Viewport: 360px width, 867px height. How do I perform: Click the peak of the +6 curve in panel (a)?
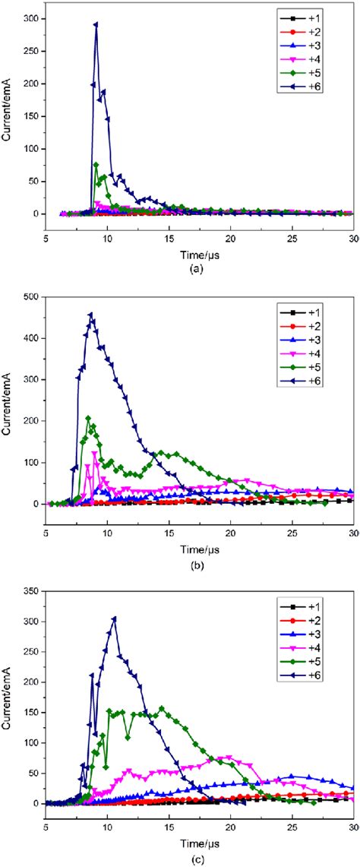click(96, 24)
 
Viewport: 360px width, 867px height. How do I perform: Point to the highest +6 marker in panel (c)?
click(114, 618)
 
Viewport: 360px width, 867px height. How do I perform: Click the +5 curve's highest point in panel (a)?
click(96, 164)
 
